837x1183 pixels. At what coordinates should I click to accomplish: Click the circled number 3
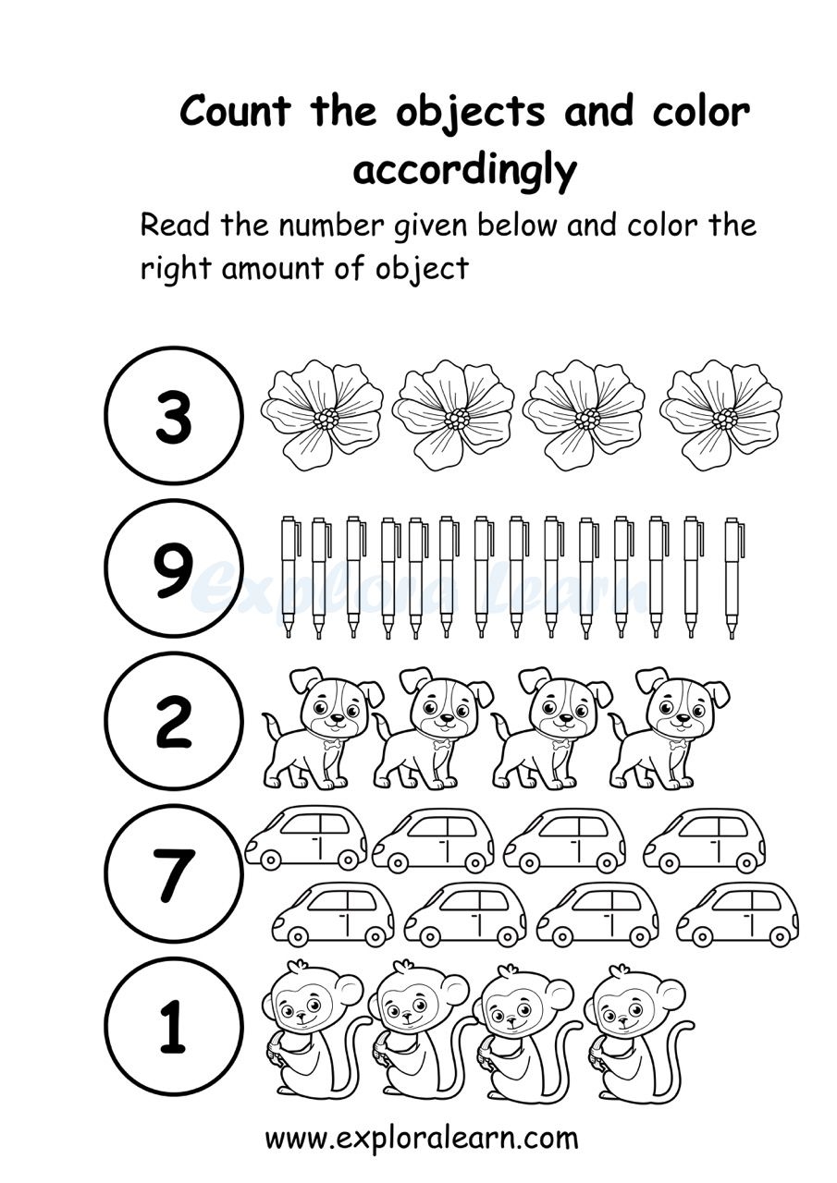pos(174,416)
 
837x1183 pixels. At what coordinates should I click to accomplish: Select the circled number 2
pos(174,721)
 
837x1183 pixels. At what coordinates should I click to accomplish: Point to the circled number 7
pos(174,873)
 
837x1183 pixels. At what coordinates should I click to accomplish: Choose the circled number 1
pos(174,1026)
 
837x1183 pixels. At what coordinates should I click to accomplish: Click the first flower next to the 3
pos(321,415)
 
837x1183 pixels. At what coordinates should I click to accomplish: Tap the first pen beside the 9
pos(289,575)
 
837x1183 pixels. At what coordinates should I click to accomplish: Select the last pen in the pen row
pos(733,577)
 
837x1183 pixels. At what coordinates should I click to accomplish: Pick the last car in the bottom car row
pos(737,914)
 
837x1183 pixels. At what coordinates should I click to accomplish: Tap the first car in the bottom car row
pos(333,914)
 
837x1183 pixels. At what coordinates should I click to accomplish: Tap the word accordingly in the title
pos(464,171)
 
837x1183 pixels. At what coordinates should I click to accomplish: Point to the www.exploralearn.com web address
pos(422,1138)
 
